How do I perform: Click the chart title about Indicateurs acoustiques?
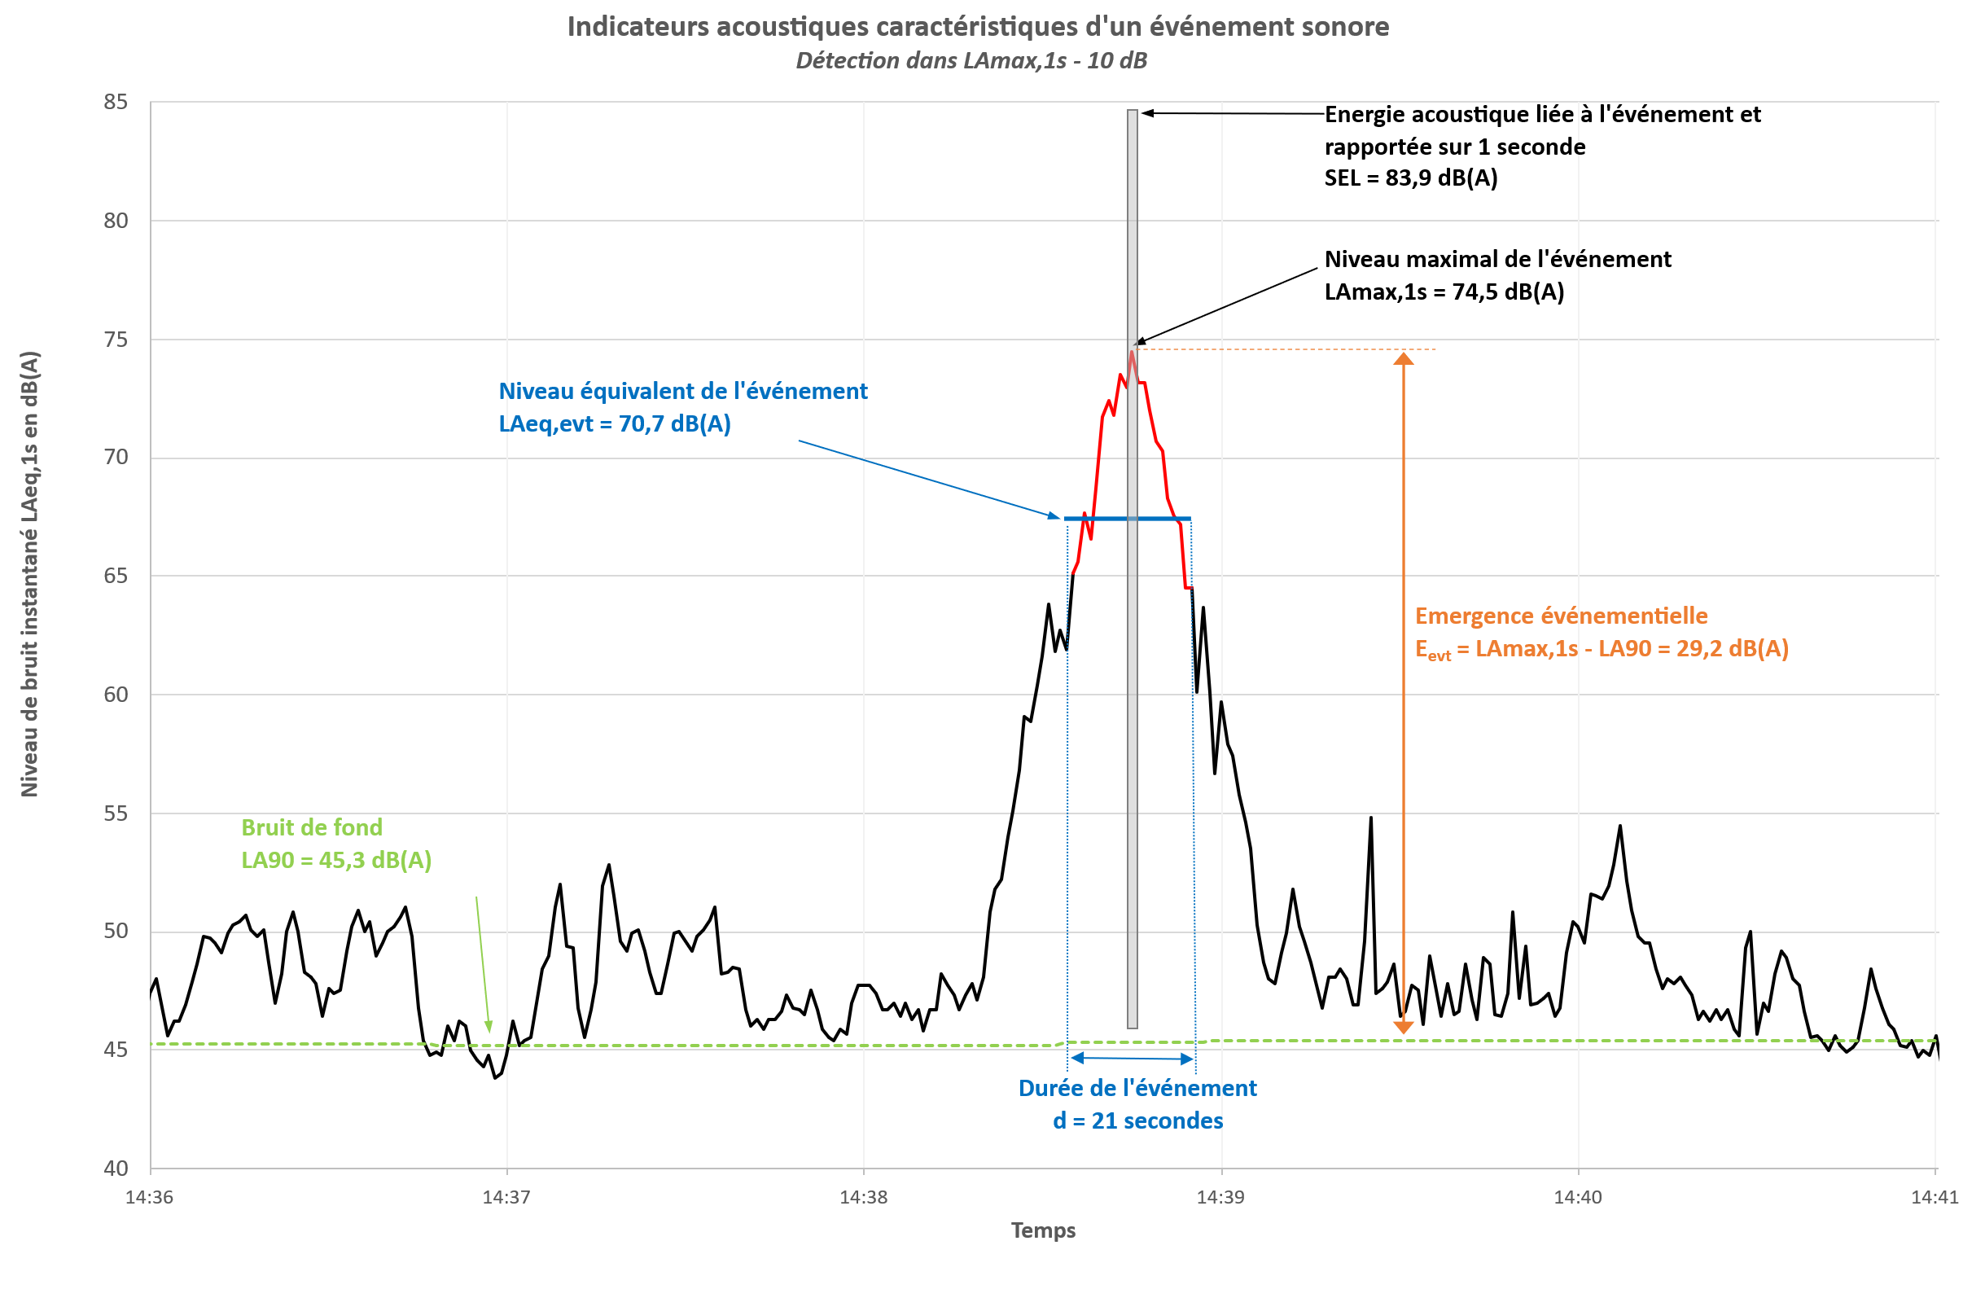[x=978, y=27]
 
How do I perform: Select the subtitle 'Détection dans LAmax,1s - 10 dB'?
[x=971, y=61]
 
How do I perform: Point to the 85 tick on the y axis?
[x=116, y=102]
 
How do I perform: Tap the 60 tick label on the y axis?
[x=116, y=695]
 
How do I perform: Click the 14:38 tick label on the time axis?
[x=863, y=1197]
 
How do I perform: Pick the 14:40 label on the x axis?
[x=1578, y=1197]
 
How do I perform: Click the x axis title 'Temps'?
[x=1043, y=1230]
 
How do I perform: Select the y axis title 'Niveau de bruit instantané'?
[x=29, y=574]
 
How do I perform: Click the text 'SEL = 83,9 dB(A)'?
[x=1411, y=178]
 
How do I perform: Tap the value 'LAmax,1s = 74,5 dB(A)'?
[x=1444, y=292]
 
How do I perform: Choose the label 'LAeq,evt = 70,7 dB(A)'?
[x=615, y=423]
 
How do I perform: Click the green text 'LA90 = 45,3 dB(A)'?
[x=336, y=860]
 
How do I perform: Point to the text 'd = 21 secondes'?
[x=1137, y=1120]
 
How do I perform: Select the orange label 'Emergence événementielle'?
[x=1562, y=616]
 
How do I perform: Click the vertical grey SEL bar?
[x=1133, y=569]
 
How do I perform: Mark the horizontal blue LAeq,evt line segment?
[x=1128, y=519]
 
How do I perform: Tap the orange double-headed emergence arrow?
[x=1404, y=693]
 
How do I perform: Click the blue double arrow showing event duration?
[x=1132, y=1059]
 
